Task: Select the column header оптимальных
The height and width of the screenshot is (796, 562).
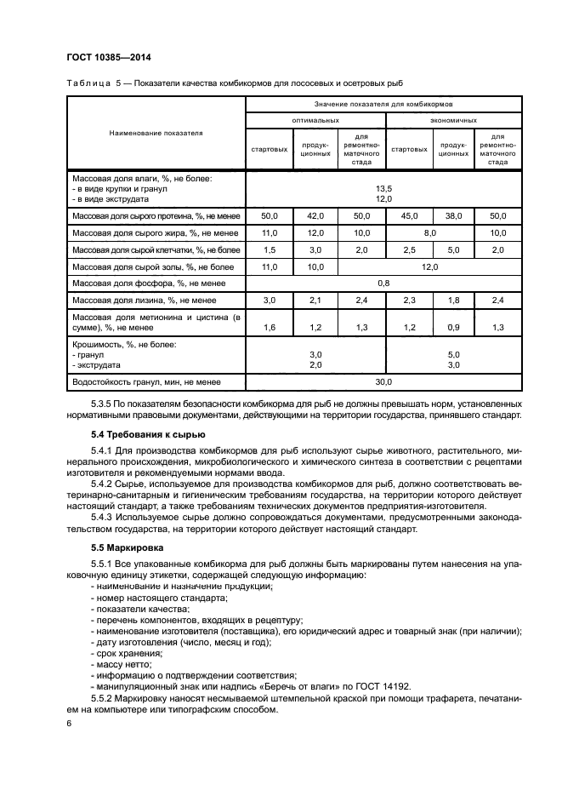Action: [x=315, y=121]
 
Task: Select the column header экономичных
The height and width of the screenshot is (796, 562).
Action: [x=453, y=121]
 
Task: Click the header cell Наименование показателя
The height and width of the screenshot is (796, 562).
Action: [x=156, y=134]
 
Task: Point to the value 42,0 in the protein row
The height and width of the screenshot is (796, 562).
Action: [x=315, y=217]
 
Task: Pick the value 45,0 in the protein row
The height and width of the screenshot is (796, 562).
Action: [x=408, y=217]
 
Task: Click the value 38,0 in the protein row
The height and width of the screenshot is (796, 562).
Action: [x=453, y=217]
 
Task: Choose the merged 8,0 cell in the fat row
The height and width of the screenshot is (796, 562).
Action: [x=430, y=232]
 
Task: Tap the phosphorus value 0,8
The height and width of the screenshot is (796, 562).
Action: [x=383, y=282]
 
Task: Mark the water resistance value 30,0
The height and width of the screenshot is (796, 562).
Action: [x=383, y=381]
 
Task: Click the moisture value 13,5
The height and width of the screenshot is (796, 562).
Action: [x=383, y=189]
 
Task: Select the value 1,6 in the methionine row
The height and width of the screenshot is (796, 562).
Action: [x=269, y=326]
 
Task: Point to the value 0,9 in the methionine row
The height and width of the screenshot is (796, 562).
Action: [x=453, y=326]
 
